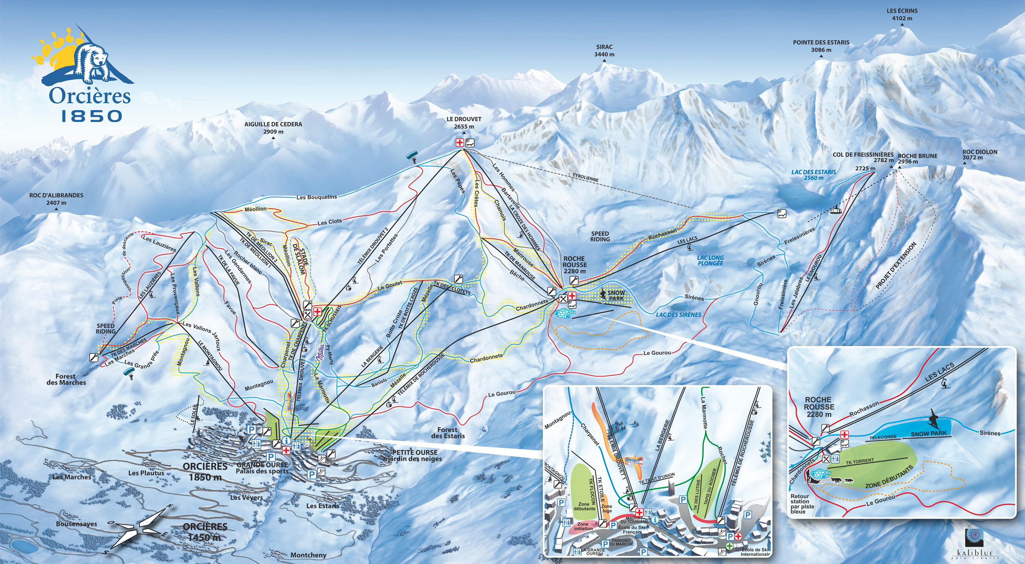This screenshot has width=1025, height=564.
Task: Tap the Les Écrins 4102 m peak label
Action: coord(902,15)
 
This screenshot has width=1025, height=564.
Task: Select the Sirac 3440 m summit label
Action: coord(604,51)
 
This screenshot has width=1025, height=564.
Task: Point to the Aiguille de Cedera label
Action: coord(273,128)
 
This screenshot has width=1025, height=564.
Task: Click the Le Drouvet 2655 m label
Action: coord(464,123)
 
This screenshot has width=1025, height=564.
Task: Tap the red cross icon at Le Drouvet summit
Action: coord(460,143)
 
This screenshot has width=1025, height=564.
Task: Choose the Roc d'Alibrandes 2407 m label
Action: coord(56,199)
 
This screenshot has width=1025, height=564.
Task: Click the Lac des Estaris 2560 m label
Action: coord(814,175)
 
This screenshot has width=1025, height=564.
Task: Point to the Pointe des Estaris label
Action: coord(821,46)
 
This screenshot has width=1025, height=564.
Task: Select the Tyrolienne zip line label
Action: coord(586,177)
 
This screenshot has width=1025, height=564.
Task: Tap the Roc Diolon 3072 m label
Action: coord(980,155)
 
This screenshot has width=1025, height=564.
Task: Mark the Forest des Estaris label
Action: coord(448,433)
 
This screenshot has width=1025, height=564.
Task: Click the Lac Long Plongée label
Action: coord(710,261)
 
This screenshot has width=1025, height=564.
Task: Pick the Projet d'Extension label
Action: coord(896,265)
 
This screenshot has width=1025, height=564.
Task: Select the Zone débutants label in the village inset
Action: coord(584,506)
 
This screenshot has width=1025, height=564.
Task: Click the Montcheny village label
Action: coord(308,555)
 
